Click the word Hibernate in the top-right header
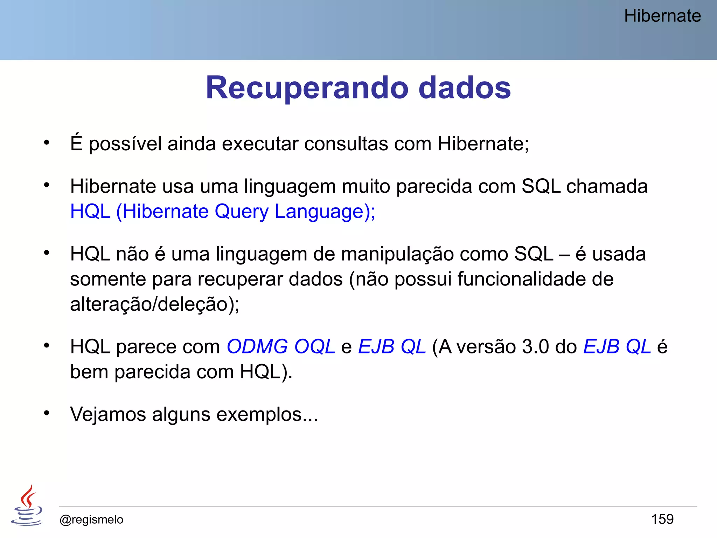coord(662,16)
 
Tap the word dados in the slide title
coord(465,88)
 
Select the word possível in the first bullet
coord(125,144)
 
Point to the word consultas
coord(346,144)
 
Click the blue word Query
coord(241,212)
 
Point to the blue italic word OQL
coord(314,347)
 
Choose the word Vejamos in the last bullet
coord(108,414)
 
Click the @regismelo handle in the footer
coord(91,519)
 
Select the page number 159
coord(662,519)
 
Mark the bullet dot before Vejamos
coord(47,413)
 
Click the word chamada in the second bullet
coord(607,186)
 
